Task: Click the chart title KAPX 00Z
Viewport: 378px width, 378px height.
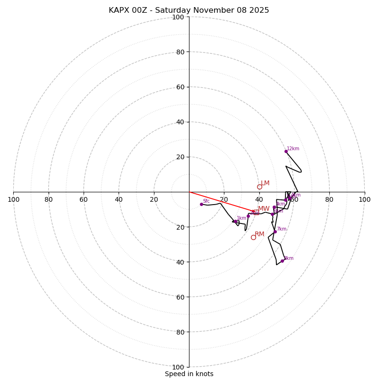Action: pyautogui.click(x=189, y=10)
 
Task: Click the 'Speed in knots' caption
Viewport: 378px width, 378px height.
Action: pyautogui.click(x=189, y=374)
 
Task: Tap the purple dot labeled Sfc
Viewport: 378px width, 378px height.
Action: pyautogui.click(x=201, y=204)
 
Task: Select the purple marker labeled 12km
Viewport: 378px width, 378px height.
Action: pyautogui.click(x=286, y=151)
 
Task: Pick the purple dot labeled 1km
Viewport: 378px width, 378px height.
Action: pyautogui.click(x=235, y=221)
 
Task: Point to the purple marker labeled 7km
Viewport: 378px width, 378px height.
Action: pyautogui.click(x=275, y=232)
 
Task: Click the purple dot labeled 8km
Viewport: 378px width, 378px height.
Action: pyautogui.click(x=283, y=261)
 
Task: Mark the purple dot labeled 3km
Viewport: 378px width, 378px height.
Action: pyautogui.click(x=274, y=207)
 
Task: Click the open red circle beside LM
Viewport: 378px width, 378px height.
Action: pyautogui.click(x=259, y=187)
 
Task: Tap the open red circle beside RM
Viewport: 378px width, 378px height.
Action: pyautogui.click(x=253, y=237)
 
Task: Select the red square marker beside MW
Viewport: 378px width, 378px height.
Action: pyautogui.click(x=256, y=213)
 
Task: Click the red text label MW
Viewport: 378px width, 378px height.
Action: pyautogui.click(x=264, y=209)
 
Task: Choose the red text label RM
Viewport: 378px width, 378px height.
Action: pyautogui.click(x=259, y=234)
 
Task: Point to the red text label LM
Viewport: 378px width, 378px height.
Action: pyautogui.click(x=265, y=183)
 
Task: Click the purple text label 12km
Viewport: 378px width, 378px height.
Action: pyautogui.click(x=293, y=149)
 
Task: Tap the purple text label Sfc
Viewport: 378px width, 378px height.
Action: pyautogui.click(x=206, y=201)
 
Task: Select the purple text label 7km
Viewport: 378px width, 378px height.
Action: pyautogui.click(x=282, y=229)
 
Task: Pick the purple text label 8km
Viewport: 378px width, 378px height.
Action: pyautogui.click(x=289, y=258)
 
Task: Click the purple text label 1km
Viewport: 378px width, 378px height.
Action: pyautogui.click(x=241, y=218)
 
